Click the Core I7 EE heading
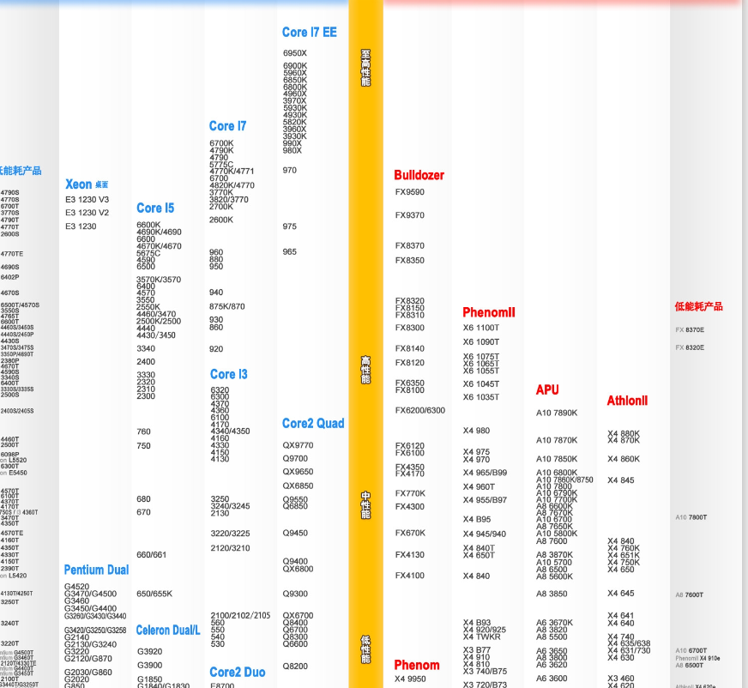pyautogui.click(x=309, y=33)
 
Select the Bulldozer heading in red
pyautogui.click(x=419, y=175)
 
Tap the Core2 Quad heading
pyautogui.click(x=312, y=423)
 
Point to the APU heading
pyautogui.click(x=547, y=389)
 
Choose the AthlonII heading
pyautogui.click(x=627, y=401)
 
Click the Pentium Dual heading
pyautogui.click(x=96, y=570)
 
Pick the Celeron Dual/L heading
pyautogui.click(x=168, y=630)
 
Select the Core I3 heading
pyautogui.click(x=228, y=374)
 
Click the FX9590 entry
pyautogui.click(x=409, y=192)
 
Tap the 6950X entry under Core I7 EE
pyautogui.click(x=294, y=53)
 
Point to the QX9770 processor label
pyautogui.click(x=298, y=445)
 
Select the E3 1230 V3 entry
pyautogui.click(x=87, y=199)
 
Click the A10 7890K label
pyautogui.click(x=557, y=413)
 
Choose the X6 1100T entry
pyautogui.click(x=480, y=328)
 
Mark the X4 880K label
pyautogui.click(x=623, y=434)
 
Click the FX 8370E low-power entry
pyautogui.click(x=690, y=330)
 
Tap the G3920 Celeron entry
pyautogui.click(x=149, y=651)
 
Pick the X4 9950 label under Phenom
pyautogui.click(x=410, y=679)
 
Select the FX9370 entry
pyautogui.click(x=409, y=215)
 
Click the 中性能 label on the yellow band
pyautogui.click(x=365, y=504)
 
